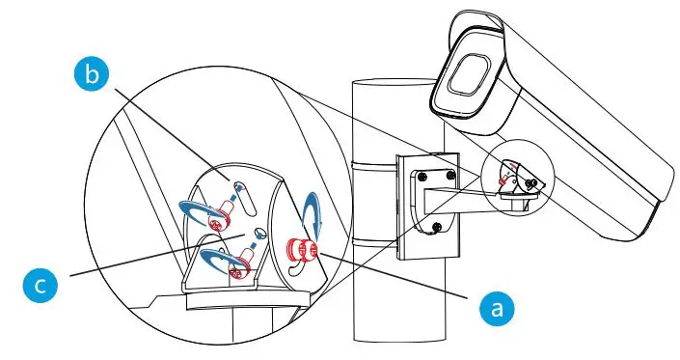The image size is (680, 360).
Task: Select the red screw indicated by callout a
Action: tap(306, 249)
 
